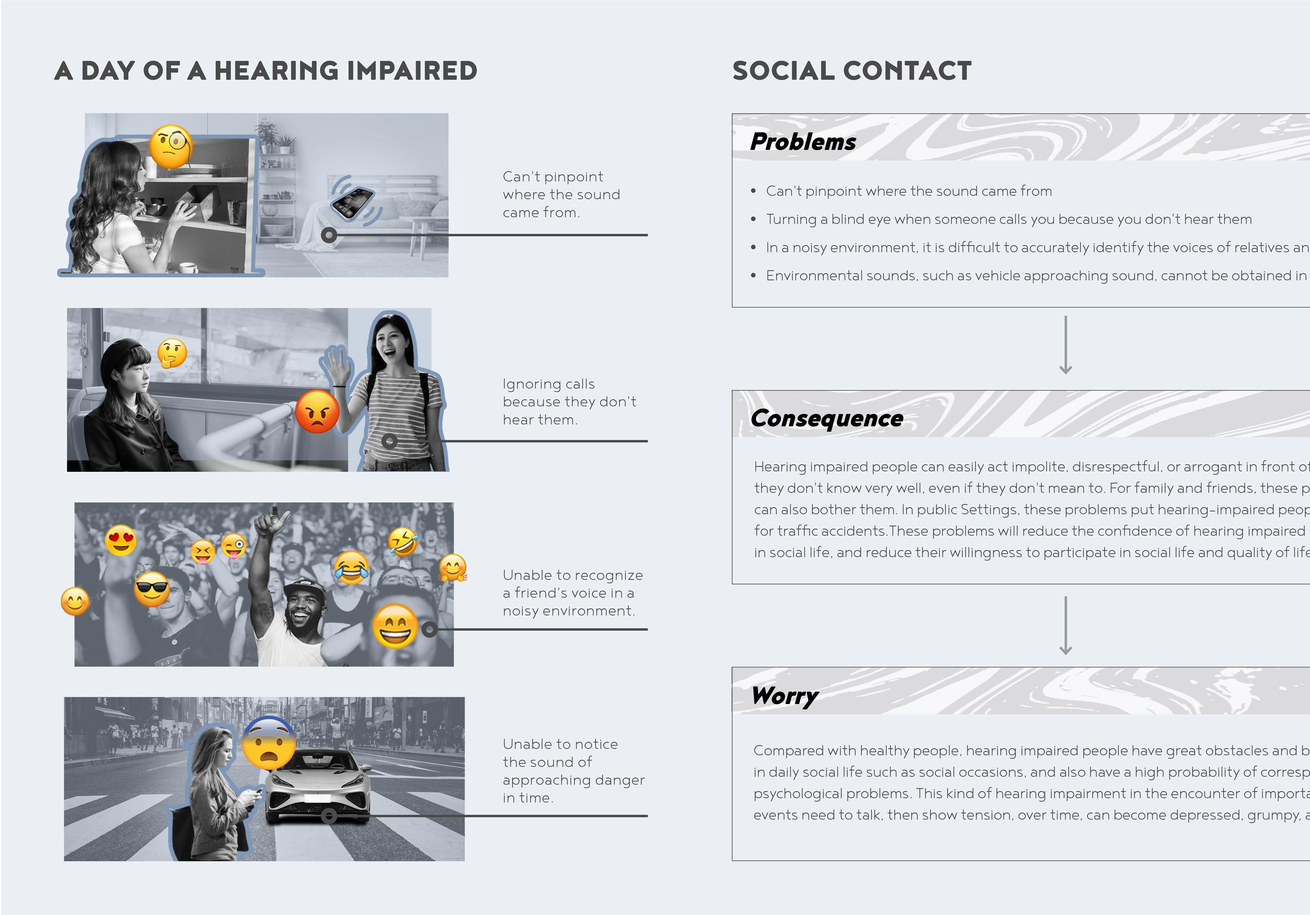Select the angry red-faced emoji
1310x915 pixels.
click(x=317, y=411)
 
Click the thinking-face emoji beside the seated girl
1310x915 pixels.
click(x=172, y=353)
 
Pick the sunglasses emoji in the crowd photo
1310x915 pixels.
click(x=152, y=589)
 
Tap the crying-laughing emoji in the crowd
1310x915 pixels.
click(x=351, y=567)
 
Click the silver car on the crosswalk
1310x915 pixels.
click(x=320, y=785)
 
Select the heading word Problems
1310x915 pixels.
click(x=803, y=142)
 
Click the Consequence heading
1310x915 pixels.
click(x=827, y=418)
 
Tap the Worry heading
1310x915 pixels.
click(x=785, y=696)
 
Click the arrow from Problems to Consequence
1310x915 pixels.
click(x=1065, y=345)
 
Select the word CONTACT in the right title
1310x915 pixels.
click(x=907, y=71)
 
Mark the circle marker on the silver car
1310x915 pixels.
click(x=329, y=816)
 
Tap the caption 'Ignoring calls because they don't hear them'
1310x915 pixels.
click(x=569, y=402)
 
